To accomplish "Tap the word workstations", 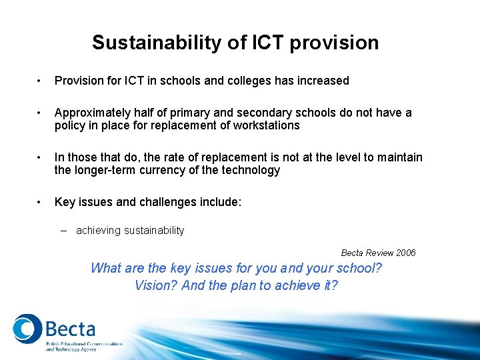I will (x=265, y=125).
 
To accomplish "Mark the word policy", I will (x=69, y=125).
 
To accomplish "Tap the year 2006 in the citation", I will (x=405, y=253).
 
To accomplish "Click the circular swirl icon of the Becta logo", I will (x=27, y=329).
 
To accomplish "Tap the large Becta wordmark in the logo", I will (x=70, y=329).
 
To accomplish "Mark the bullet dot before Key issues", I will (x=41, y=202).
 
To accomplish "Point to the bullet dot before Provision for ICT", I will (x=41, y=81).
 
